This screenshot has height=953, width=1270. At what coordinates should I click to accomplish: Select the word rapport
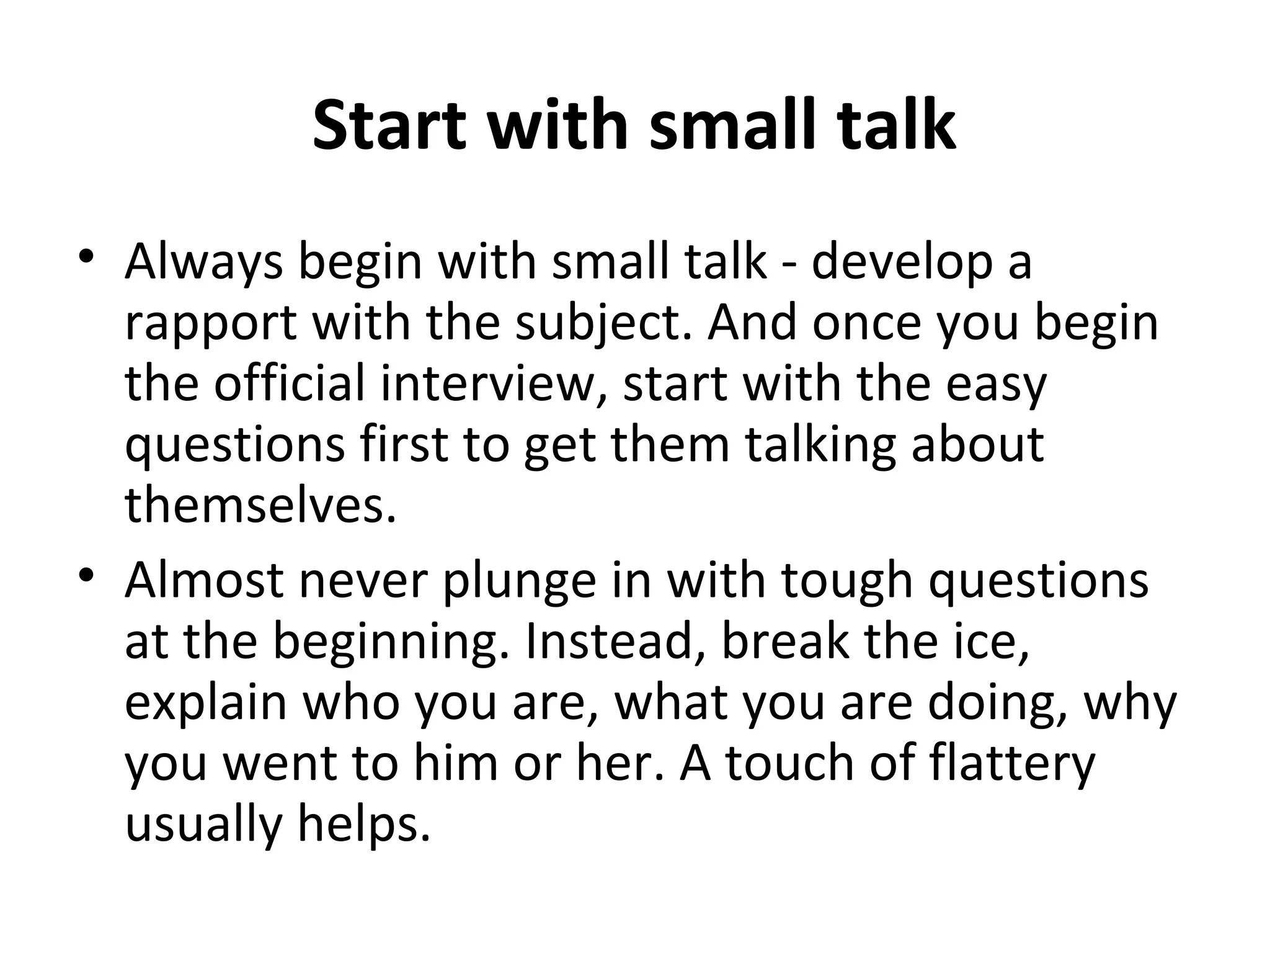tap(211, 324)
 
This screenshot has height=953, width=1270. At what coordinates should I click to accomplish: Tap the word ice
tap(992, 642)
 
